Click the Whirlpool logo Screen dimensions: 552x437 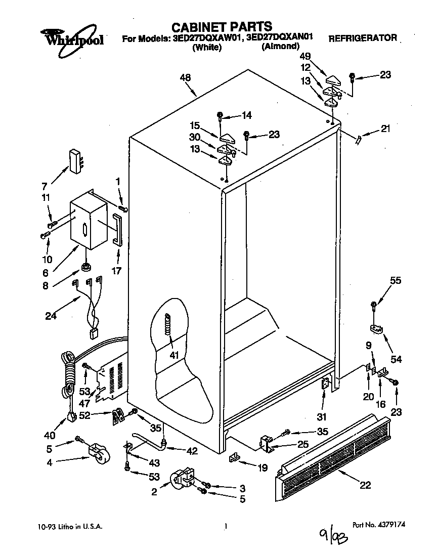pos(72,37)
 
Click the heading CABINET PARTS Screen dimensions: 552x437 pos(221,26)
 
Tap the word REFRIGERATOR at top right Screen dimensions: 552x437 pos(363,38)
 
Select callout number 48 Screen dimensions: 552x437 pos(185,78)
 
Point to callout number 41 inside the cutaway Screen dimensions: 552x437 pos(174,355)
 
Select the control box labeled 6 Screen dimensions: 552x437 pos(88,223)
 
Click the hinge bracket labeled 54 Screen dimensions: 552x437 pos(376,329)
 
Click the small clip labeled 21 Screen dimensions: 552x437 pos(360,139)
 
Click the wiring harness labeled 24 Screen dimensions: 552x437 pos(91,309)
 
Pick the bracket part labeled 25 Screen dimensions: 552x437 pos(267,444)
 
